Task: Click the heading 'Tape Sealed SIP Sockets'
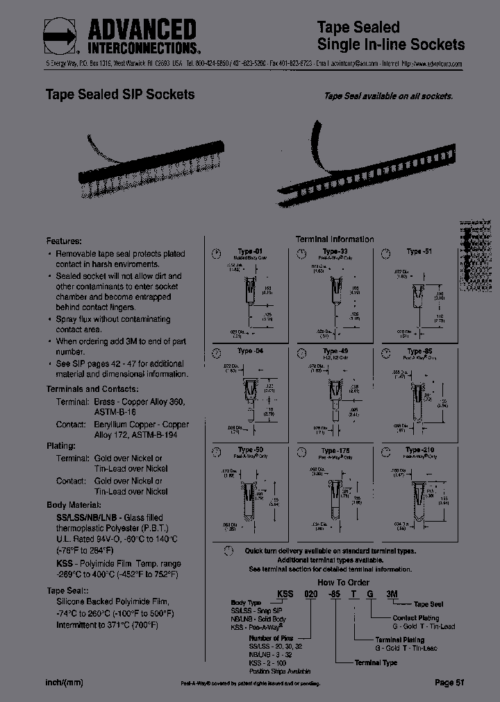coord(119,94)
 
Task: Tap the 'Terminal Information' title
coord(335,239)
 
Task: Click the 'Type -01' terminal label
coord(250,251)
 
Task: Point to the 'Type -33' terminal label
coord(335,251)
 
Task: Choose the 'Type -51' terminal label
coord(419,251)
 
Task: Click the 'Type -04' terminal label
coord(250,351)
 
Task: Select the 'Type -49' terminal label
coord(335,351)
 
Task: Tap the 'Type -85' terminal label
coord(419,351)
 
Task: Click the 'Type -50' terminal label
coord(250,450)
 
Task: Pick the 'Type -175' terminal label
coord(335,450)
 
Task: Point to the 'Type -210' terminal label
coord(419,450)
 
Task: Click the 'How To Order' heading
coord(343,583)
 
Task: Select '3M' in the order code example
coord(392,594)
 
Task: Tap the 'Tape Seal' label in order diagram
coord(428,605)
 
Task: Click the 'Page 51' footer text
coord(449,683)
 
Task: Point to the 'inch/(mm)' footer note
coord(64,683)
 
